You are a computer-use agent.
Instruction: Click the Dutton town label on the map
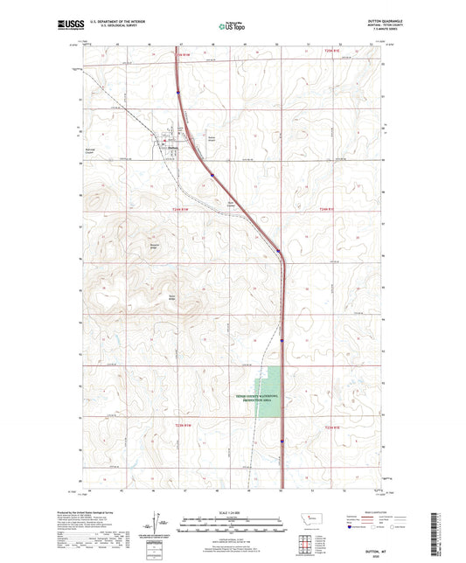point(173,147)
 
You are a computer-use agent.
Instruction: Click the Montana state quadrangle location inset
point(309,520)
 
